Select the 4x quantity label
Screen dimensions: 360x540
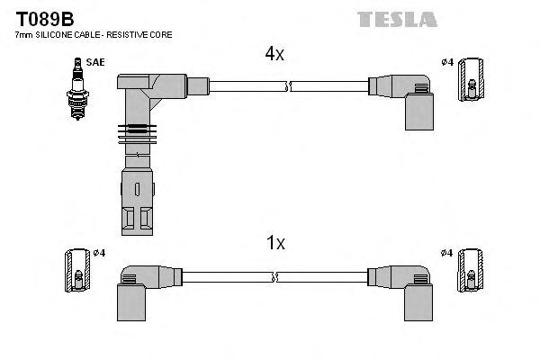point(274,54)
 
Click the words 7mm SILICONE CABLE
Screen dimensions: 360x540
point(58,34)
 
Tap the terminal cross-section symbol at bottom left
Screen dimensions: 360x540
point(76,267)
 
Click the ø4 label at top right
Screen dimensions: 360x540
point(446,62)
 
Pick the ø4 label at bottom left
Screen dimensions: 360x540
point(99,253)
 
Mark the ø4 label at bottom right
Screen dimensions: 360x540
point(446,253)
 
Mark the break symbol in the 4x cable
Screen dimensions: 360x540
point(287,86)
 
